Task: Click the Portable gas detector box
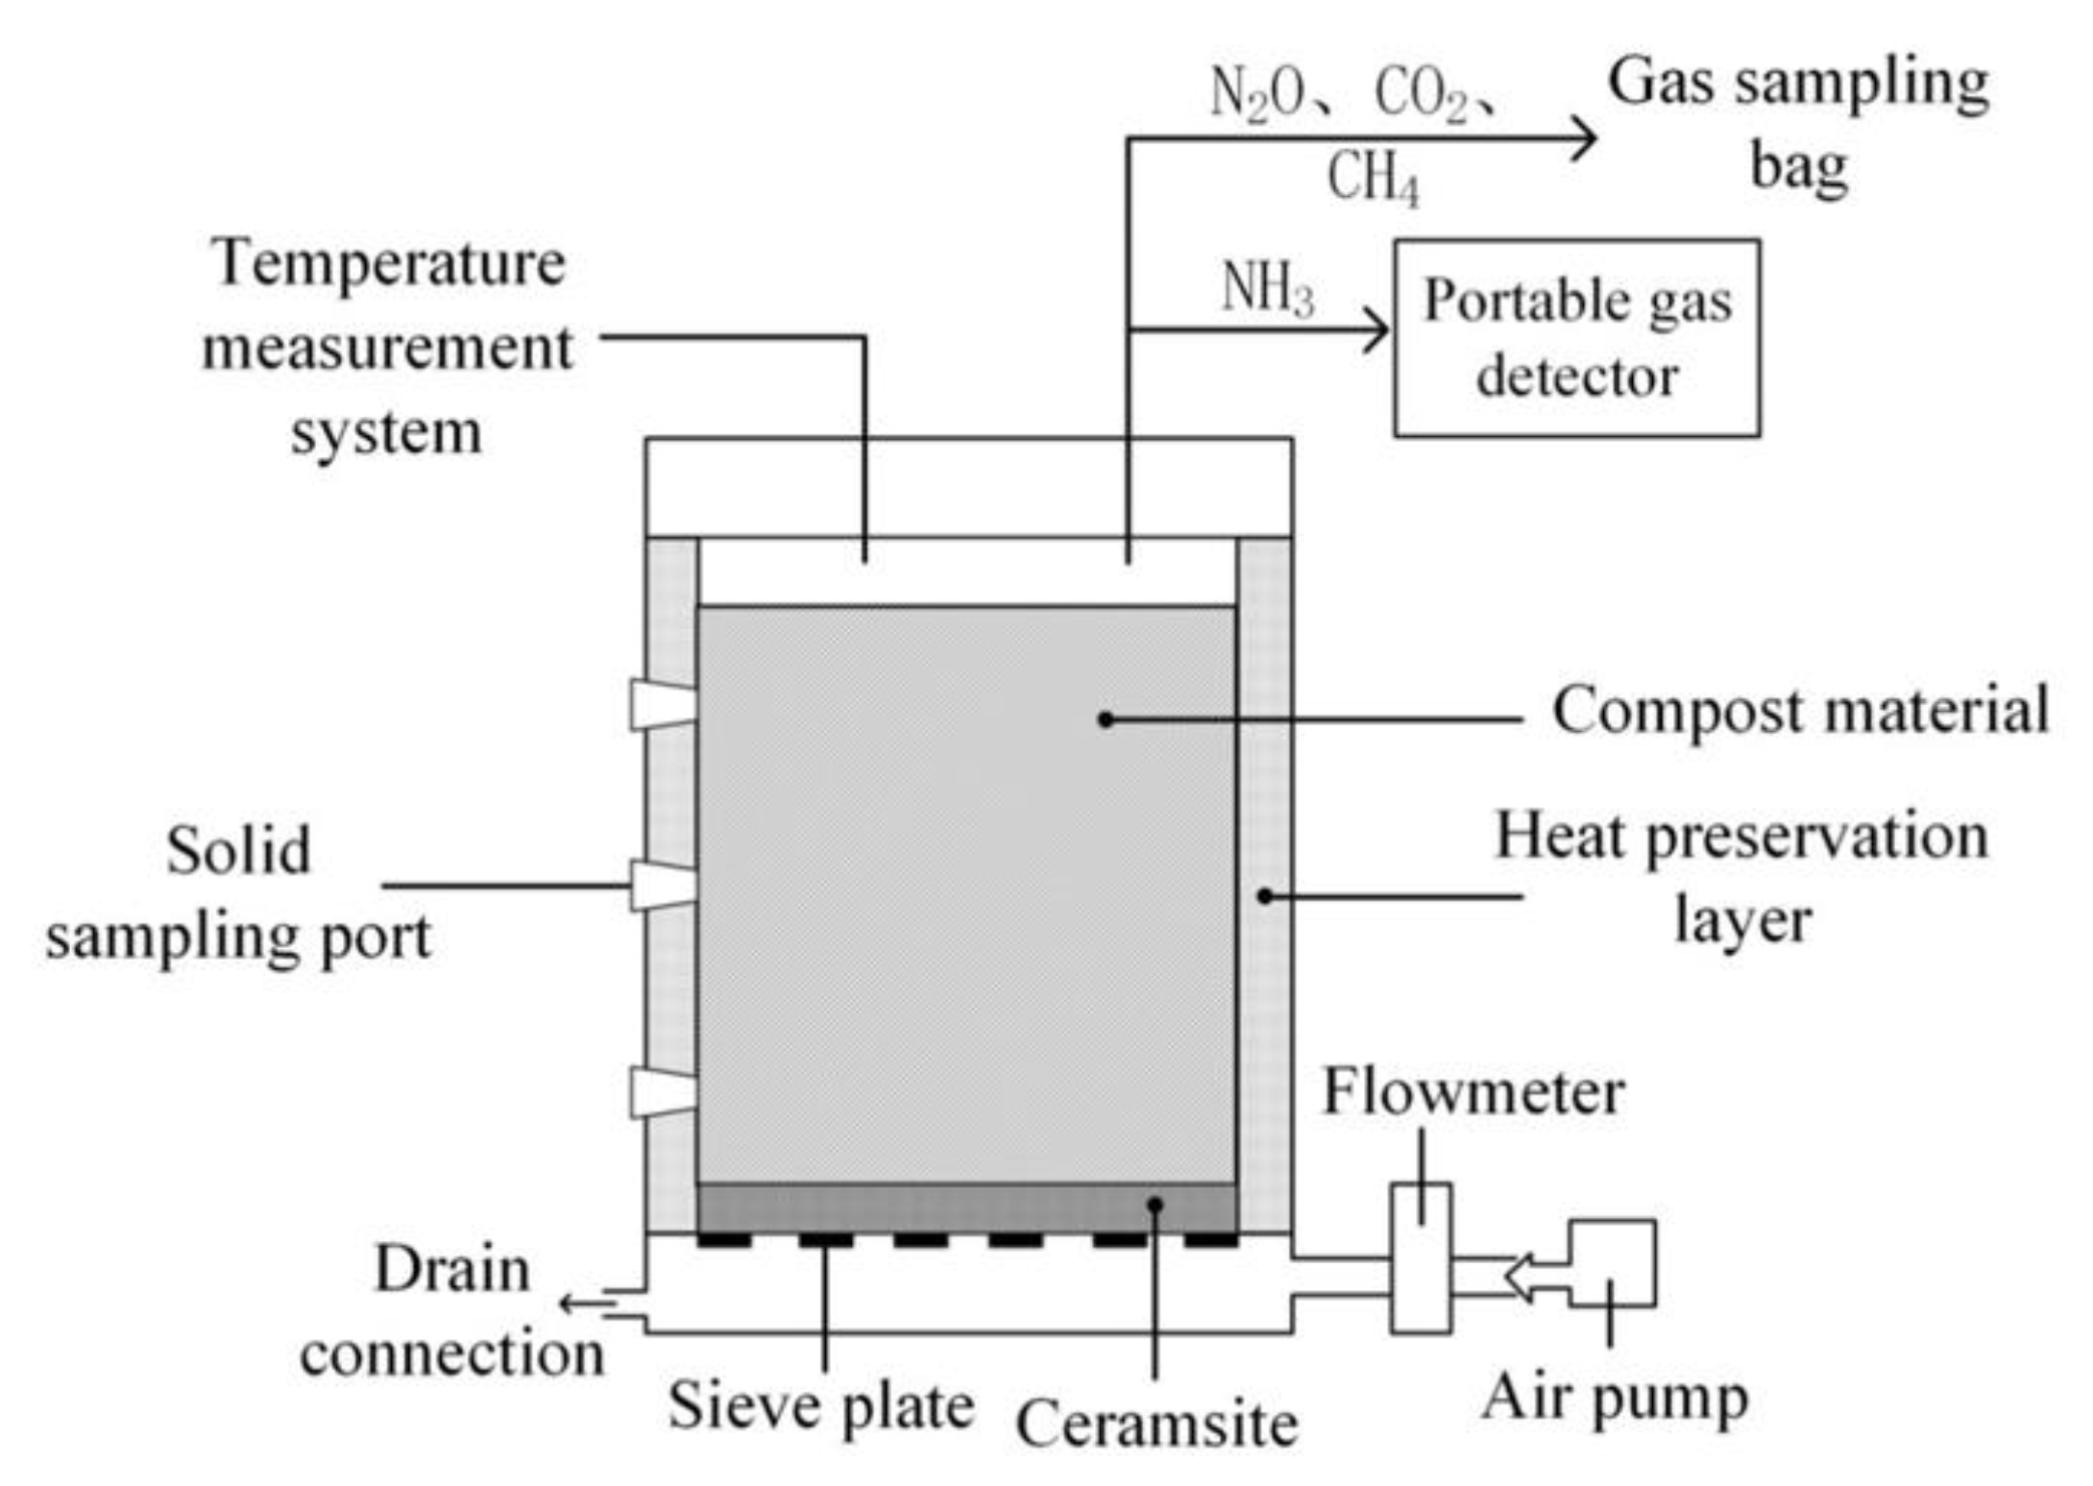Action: pos(1576,338)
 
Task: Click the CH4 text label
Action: pos(1373,179)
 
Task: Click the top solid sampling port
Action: pos(662,706)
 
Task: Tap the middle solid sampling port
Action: pos(662,885)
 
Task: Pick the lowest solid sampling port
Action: pos(662,1092)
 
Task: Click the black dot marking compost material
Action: pos(1106,719)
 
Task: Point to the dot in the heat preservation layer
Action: pos(1265,896)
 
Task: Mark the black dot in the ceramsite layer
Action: pos(1156,1205)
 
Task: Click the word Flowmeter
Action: pos(1472,1093)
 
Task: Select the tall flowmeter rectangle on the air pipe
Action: pos(1421,1258)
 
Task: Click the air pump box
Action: pos(1612,1263)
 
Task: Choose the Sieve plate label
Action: pos(821,1406)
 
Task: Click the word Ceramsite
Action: pos(1156,1423)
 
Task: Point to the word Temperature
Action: pos(390,261)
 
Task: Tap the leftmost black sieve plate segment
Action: pos(724,1241)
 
